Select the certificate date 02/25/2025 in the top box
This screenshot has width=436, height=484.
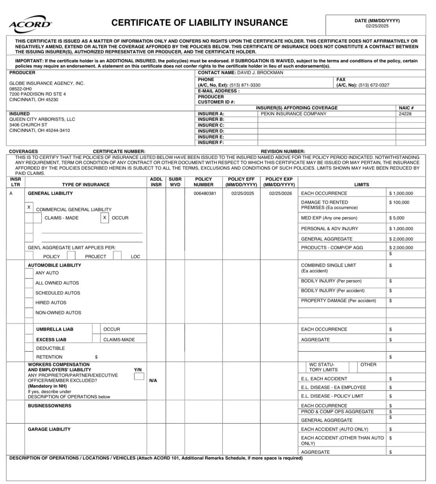(x=377, y=26)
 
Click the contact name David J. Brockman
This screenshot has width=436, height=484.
(x=260, y=73)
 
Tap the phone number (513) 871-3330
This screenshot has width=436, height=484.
(x=245, y=85)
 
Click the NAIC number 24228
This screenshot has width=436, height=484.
(x=405, y=114)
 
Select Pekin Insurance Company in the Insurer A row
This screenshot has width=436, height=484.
(x=293, y=114)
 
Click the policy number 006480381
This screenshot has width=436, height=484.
(x=205, y=193)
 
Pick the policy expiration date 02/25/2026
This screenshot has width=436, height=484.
(x=280, y=193)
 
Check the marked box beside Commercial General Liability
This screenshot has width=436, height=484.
(x=29, y=207)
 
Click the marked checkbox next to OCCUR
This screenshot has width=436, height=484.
(x=105, y=218)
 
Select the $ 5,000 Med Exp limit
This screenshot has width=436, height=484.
(x=397, y=218)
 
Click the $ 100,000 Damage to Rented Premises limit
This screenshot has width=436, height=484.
(x=399, y=202)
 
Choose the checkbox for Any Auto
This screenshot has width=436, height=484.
(x=29, y=273)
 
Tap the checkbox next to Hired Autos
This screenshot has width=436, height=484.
(x=29, y=303)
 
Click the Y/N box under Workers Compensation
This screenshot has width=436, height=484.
(x=139, y=376)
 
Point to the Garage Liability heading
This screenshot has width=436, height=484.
(x=49, y=429)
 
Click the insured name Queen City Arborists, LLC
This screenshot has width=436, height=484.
(x=42, y=119)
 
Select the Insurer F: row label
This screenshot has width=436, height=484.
(x=211, y=143)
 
